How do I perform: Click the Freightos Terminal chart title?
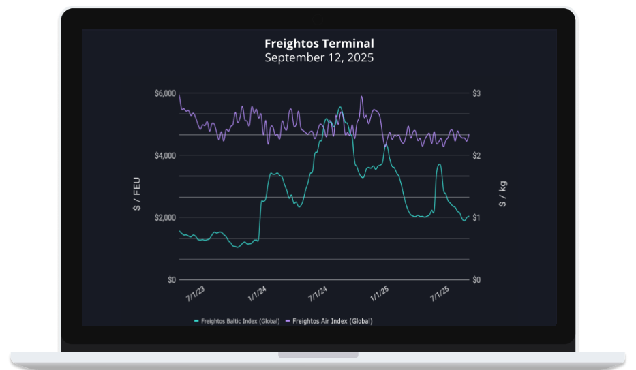point(319,44)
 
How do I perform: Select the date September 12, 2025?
point(319,58)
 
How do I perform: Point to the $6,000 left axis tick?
point(166,93)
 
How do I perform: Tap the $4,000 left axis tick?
point(166,156)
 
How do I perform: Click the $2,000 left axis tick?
point(166,218)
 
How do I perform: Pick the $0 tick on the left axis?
point(171,280)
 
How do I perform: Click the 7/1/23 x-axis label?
point(196,294)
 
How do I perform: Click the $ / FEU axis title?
point(138,196)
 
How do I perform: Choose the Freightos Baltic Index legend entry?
point(237,321)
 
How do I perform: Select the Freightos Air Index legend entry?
point(329,321)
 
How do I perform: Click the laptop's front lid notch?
point(318,355)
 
